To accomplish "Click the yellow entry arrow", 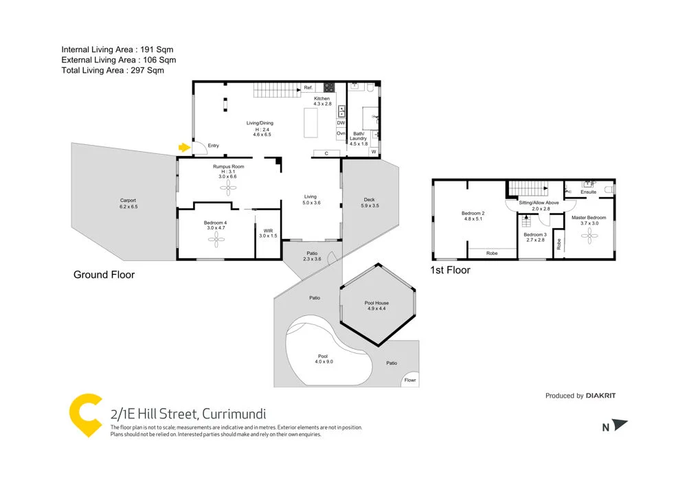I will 183,146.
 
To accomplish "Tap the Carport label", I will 128,200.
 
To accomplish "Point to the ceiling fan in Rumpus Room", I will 227,190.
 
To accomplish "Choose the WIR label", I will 268,230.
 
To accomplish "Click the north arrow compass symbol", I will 620,426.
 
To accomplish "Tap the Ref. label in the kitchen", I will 308,88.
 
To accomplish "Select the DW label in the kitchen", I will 341,122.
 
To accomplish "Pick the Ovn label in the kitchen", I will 341,133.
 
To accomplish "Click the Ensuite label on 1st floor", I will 589,192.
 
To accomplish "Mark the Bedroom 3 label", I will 534,234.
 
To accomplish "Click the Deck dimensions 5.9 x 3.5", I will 370,205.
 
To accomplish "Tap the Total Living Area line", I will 113,70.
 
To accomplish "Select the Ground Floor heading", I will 104,275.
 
